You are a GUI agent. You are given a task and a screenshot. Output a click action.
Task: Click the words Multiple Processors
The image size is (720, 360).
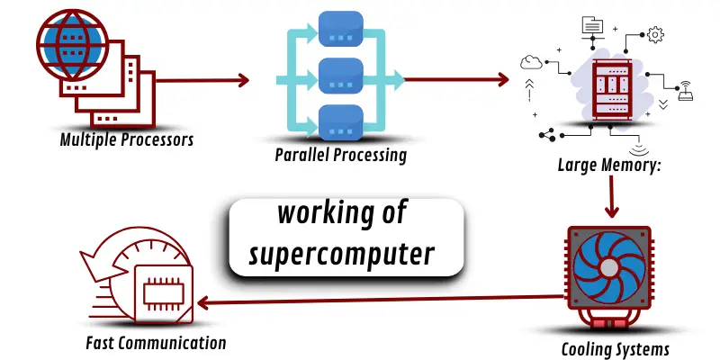[127, 140]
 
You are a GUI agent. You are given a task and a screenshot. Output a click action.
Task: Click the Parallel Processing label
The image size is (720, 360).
[341, 155]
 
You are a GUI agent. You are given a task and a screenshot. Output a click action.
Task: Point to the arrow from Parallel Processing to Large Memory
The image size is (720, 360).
[455, 80]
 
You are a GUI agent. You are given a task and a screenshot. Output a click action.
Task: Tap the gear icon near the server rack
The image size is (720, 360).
[655, 34]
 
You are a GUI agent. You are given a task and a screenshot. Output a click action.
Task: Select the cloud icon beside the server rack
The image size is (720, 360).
[531, 61]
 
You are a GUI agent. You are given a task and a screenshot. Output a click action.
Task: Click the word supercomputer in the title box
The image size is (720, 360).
[346, 254]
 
